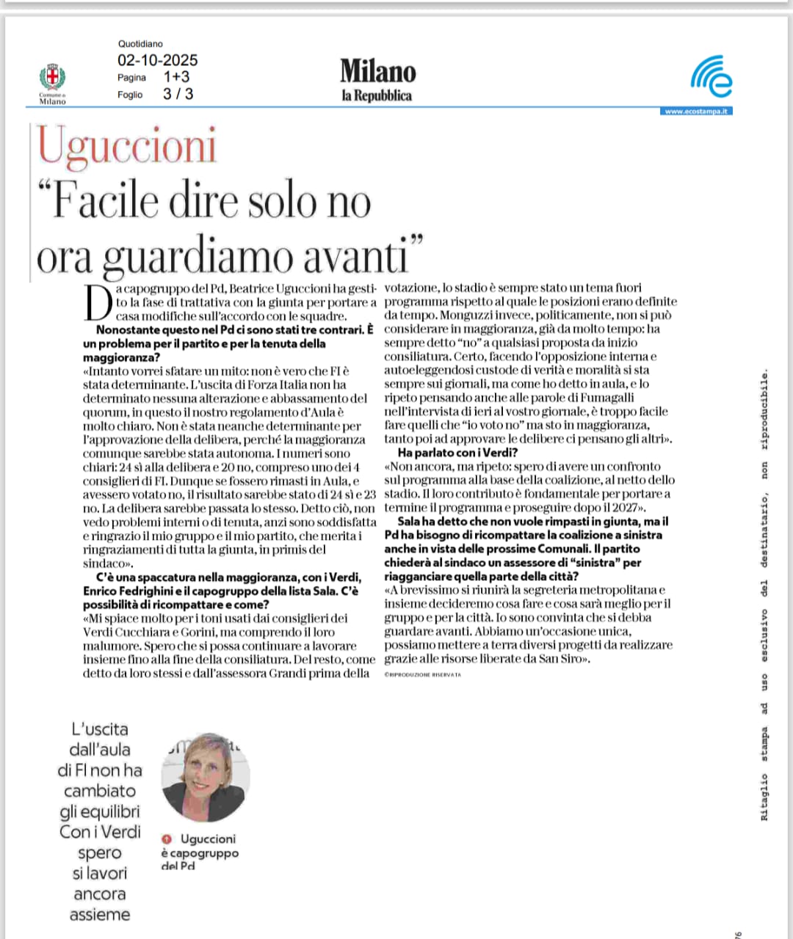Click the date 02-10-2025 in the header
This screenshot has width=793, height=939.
pos(157,60)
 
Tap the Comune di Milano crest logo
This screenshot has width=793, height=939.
pos(52,79)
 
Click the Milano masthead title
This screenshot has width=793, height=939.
pos(377,71)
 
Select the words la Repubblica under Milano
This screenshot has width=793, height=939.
pos(377,95)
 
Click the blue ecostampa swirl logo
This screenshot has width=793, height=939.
pos(711,77)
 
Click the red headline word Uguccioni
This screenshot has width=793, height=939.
pos(127,145)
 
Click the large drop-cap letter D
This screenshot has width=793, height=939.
pos(98,302)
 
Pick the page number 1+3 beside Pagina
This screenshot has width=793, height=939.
pos(176,77)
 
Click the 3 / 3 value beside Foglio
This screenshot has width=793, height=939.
pos(178,94)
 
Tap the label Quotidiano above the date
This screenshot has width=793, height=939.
pos(140,44)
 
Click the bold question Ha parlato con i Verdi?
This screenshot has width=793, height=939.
pos(457,453)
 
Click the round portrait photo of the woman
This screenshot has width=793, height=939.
pos(206,776)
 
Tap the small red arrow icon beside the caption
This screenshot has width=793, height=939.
pos(167,838)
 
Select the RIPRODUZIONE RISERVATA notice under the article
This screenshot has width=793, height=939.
pos(423,674)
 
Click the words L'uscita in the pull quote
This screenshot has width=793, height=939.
pos(100,729)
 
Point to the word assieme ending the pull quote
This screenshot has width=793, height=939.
pos(100,914)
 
